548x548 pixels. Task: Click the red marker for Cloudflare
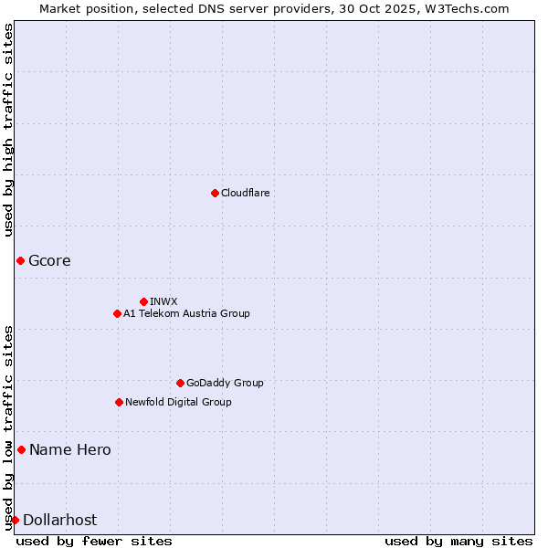[215, 193]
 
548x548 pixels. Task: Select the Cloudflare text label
[245, 193]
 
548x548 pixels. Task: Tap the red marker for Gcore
[20, 261]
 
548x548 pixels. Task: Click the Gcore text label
[49, 261]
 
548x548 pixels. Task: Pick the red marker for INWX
[143, 301]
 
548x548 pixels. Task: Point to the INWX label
[163, 301]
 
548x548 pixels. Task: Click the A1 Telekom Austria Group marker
[117, 313]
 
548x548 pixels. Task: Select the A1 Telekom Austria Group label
[186, 313]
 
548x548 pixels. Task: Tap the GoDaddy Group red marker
[180, 383]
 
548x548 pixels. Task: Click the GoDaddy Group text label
[224, 383]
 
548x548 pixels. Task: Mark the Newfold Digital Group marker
[119, 402]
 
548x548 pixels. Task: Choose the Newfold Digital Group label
[178, 402]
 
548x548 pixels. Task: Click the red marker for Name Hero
[21, 449]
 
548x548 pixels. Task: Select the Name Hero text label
[70, 449]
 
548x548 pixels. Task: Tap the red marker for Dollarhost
[15, 520]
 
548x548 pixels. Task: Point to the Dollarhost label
[59, 520]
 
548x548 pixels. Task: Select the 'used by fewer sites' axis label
[94, 542]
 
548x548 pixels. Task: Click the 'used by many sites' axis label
[458, 542]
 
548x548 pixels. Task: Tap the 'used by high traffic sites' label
[8, 130]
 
